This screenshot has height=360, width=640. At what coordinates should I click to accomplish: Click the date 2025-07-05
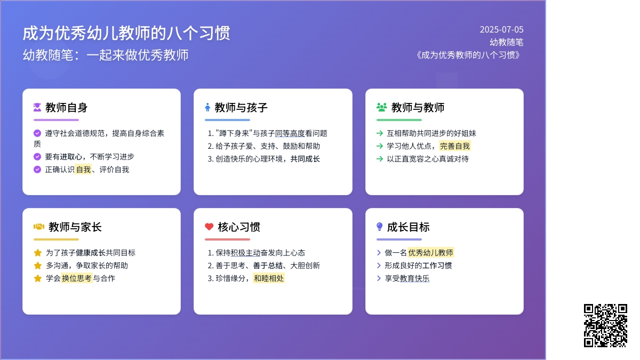tap(501, 29)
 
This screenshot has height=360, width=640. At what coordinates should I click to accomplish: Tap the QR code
tap(605, 326)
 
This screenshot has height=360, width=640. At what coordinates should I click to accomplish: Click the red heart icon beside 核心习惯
tap(209, 227)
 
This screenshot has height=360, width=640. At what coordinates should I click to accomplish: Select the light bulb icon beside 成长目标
tap(379, 227)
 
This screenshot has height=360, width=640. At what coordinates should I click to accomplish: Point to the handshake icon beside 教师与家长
tap(39, 227)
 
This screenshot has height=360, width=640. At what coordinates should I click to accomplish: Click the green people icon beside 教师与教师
tap(382, 107)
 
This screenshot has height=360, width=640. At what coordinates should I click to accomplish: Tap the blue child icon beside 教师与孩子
tap(207, 107)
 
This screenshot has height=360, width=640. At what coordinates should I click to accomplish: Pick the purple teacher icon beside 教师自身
tap(37, 107)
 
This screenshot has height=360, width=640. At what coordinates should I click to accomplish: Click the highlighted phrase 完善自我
tap(454, 146)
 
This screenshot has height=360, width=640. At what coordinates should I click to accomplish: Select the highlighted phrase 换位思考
tap(77, 278)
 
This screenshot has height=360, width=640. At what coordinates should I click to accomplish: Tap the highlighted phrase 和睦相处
tap(269, 278)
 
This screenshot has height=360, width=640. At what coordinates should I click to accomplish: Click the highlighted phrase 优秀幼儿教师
tap(430, 253)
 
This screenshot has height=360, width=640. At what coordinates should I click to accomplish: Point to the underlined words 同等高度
tap(290, 133)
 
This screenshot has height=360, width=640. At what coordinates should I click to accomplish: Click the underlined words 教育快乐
tap(414, 278)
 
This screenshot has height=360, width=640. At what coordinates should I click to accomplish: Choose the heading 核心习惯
tap(239, 227)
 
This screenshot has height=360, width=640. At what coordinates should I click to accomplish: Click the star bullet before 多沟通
tap(37, 266)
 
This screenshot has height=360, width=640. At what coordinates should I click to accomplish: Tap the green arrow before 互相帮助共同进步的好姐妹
tap(380, 133)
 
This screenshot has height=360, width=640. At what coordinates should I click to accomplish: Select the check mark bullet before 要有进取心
tap(37, 157)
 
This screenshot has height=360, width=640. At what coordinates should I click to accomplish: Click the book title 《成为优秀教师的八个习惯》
tap(468, 55)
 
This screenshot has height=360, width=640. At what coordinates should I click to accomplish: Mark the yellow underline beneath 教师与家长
tap(56, 239)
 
